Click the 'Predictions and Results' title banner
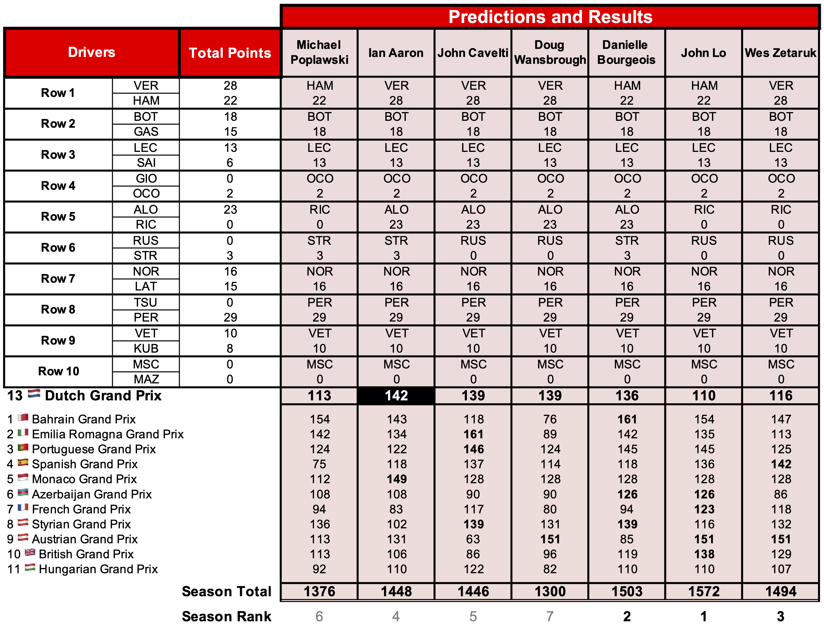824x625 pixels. point(550,17)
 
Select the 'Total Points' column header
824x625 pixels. point(230,53)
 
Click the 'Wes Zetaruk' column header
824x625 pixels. point(780,53)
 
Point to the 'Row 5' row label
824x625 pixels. point(58,217)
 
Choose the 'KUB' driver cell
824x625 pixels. point(146,348)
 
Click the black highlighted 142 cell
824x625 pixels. point(396,395)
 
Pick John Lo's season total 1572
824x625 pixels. point(704,591)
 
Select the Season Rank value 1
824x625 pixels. point(704,616)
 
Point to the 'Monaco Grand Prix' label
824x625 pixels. point(84,479)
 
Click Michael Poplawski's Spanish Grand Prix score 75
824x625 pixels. point(319,464)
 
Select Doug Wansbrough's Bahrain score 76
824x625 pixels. point(550,419)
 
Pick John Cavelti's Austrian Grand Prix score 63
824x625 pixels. point(473,539)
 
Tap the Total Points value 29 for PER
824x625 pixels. point(230,317)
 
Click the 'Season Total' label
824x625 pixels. point(226,591)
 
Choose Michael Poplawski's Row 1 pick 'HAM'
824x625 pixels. point(320,86)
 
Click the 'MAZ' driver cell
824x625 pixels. point(146,379)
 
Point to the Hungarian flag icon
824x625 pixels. point(30,568)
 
